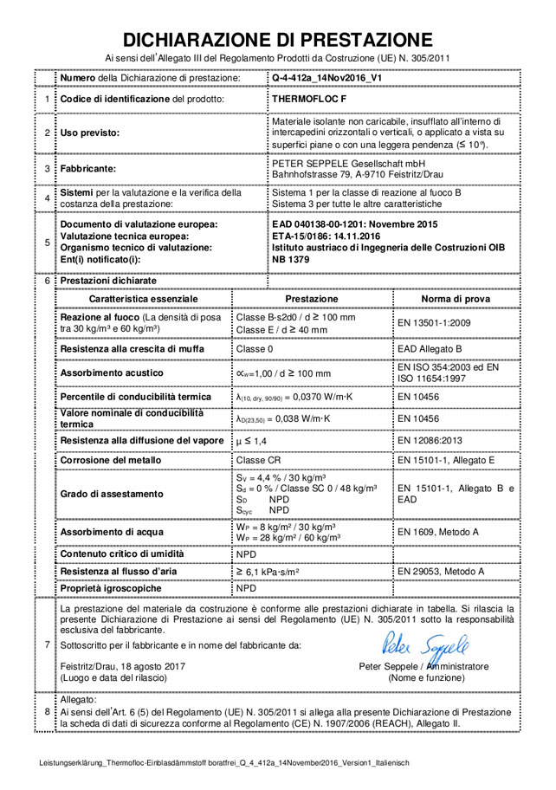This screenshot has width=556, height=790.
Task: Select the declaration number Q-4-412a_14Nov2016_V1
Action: [326, 78]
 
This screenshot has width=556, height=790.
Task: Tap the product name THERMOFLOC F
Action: [309, 100]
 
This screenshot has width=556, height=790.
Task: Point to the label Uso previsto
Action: [89, 133]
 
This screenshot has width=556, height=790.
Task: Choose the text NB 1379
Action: [293, 260]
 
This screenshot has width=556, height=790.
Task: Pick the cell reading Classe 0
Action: [255, 348]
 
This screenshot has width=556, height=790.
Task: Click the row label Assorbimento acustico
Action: [112, 372]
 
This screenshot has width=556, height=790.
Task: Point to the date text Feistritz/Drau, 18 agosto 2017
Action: [123, 666]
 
